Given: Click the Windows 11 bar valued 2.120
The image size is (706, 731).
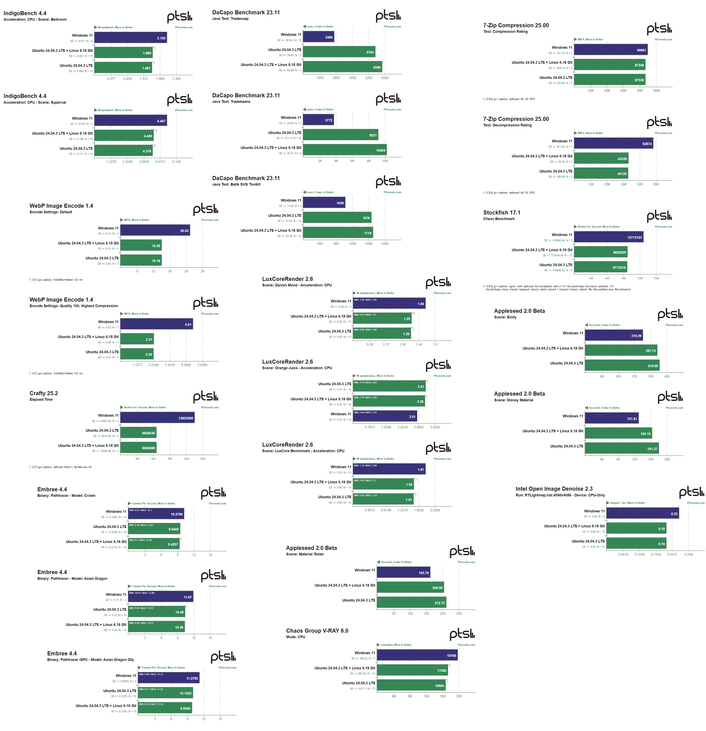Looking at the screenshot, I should (130, 38).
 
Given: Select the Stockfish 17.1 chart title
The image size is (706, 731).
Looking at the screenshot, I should (501, 213).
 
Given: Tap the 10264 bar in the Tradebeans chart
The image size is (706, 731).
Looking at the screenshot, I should (345, 150).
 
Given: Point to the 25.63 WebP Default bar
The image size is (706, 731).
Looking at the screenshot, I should (155, 230).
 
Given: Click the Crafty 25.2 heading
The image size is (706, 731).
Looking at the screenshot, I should (44, 393).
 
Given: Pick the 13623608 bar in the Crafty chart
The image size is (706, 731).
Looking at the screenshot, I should (157, 418).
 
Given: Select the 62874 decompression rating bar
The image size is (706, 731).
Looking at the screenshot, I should (613, 143).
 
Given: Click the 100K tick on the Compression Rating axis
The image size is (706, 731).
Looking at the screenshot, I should (656, 91).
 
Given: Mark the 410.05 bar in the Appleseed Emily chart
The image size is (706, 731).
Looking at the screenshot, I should (622, 365).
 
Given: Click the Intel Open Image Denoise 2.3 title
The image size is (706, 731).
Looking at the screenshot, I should (554, 489).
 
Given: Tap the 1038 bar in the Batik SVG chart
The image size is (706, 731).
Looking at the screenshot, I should (324, 202).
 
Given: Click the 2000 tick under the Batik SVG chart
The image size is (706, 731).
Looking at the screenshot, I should (385, 244).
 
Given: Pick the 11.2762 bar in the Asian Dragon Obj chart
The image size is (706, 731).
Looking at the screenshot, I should (169, 678).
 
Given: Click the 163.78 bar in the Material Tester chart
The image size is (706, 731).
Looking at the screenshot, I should (403, 572).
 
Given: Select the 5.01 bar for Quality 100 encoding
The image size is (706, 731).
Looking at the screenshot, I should (157, 324).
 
